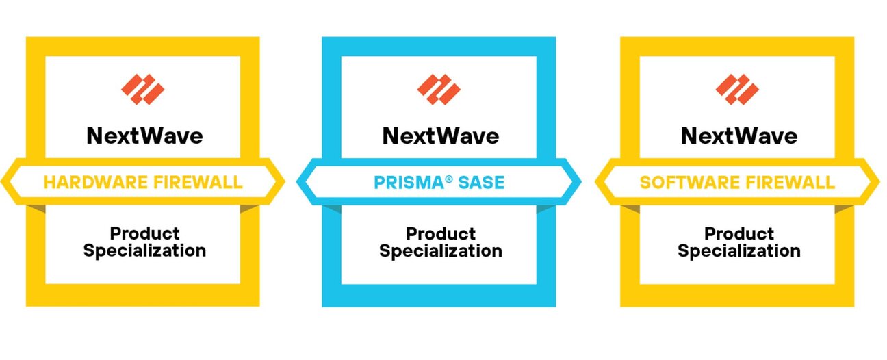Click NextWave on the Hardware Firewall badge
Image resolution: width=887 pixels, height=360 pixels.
tap(144, 136)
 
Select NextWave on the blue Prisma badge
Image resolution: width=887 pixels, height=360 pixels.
tap(440, 136)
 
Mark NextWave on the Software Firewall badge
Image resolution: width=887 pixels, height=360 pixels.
tap(738, 136)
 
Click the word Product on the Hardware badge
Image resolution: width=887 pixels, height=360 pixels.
tap(144, 233)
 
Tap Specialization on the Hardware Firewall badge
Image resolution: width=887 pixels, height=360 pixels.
tap(144, 250)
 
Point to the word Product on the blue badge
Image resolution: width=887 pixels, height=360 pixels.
tap(440, 233)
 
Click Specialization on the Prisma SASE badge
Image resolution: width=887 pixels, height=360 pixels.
tap(440, 250)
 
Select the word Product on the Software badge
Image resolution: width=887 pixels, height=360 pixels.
tap(738, 233)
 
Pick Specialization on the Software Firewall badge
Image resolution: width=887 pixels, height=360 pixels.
tap(738, 250)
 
